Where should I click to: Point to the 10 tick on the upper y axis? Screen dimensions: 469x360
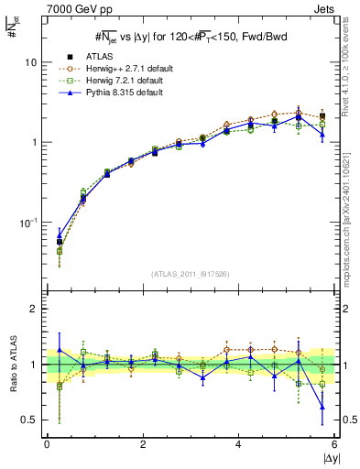point(29,62)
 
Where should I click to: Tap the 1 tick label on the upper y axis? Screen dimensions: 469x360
point(33,143)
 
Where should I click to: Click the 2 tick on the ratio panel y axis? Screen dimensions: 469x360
point(33,309)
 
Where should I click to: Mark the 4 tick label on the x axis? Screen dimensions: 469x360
point(239,444)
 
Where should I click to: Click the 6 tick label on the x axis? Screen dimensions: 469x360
point(334,444)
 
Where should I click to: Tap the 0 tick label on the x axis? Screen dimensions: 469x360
point(47,444)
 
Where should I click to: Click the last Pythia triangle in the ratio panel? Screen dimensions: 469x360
point(322,409)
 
